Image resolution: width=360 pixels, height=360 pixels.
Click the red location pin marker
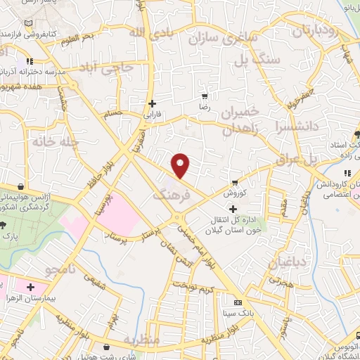click(181, 165)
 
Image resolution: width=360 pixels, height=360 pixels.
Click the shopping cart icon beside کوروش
click(236, 181)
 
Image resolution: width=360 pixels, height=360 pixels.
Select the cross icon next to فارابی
click(152, 103)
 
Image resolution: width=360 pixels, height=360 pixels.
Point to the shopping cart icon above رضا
click(205, 96)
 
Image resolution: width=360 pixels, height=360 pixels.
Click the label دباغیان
click(286, 262)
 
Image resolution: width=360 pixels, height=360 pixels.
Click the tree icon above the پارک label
click(5, 226)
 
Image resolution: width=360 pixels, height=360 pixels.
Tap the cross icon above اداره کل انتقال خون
click(233, 209)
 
